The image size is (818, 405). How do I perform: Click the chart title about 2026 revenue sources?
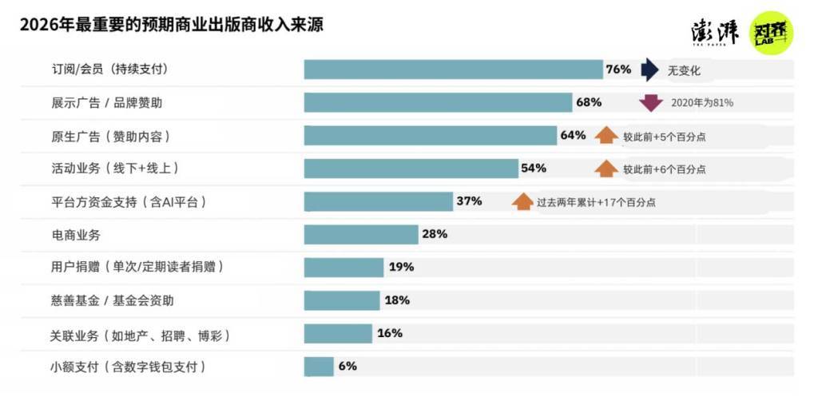coord(171,25)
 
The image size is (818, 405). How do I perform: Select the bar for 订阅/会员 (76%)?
coord(453,69)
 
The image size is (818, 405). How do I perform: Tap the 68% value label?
coord(589,102)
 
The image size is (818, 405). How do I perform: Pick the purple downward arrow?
coord(651,102)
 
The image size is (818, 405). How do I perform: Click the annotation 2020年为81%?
coord(702,102)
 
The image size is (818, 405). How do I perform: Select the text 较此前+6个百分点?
coord(665,169)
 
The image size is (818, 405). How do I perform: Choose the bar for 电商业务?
coord(361,235)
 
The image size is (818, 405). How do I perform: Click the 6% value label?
coord(347,367)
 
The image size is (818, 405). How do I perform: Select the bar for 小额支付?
coord(319,367)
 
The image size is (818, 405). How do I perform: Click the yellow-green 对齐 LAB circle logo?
coord(772,33)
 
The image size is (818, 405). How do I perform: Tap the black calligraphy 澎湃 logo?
coord(715,32)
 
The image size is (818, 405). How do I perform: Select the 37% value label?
coord(469,201)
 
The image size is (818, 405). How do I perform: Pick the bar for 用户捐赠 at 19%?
coord(343,268)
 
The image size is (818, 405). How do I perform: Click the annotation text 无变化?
coord(685,70)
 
